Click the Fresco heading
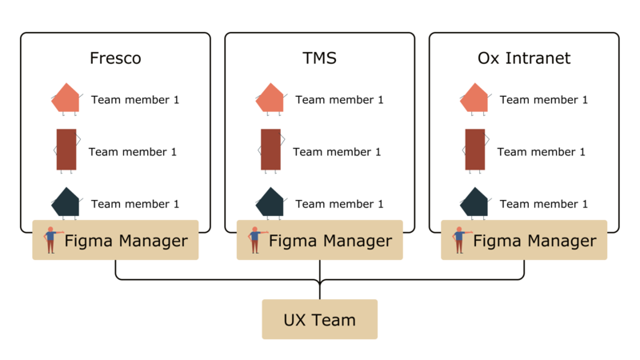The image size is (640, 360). coord(115,59)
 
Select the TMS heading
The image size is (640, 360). coord(320,59)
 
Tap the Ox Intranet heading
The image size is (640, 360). coord(524,59)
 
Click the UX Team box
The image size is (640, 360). coord(319,319)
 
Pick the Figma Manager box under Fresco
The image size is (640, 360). coord(115,240)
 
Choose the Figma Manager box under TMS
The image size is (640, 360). coord(320,240)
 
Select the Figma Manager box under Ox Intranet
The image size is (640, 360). coord(524,240)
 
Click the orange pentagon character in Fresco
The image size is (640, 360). coord(66,98)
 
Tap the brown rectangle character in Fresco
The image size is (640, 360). coord(66,150)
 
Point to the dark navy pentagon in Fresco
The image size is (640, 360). coord(66,203)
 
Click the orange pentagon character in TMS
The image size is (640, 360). coord(270,98)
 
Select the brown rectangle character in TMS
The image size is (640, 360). coord(270,150)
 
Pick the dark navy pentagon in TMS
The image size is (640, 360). coord(270,203)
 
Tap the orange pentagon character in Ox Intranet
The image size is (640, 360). coord(474,98)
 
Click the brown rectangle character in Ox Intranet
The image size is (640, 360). coord(474,150)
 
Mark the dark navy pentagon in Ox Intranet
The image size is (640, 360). coord(474,203)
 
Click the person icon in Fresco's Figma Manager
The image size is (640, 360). coord(51,240)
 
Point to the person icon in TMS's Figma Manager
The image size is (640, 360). coord(255,240)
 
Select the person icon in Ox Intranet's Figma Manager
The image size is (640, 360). coord(459,240)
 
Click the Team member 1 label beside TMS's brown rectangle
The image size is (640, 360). coord(337,152)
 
